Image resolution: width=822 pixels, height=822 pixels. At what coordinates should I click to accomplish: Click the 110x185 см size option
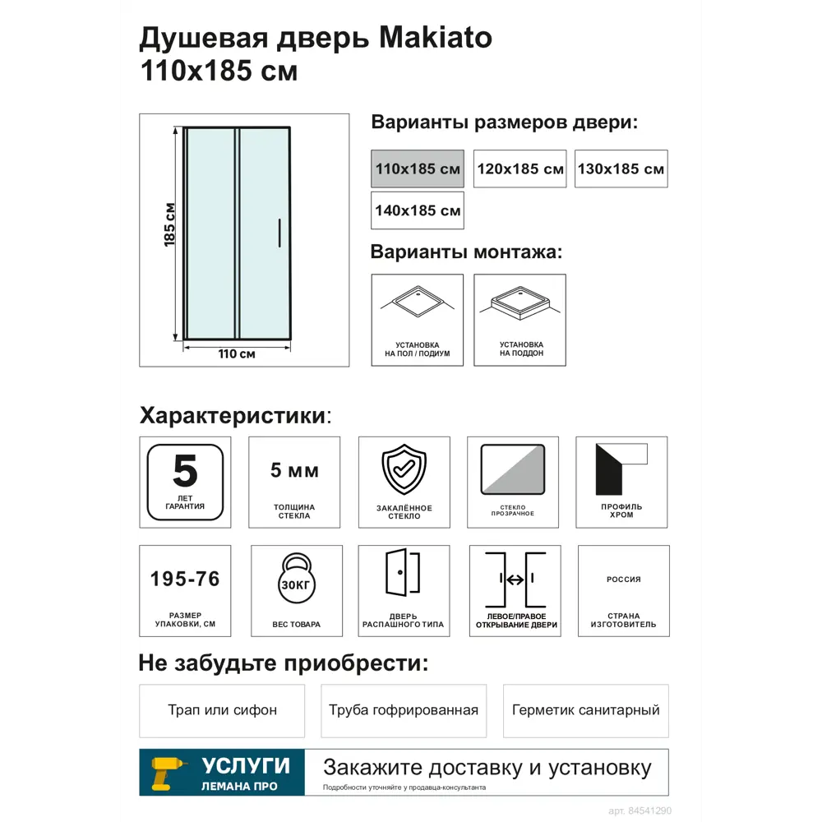(417, 169)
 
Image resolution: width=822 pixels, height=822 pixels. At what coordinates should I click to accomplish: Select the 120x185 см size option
(520, 169)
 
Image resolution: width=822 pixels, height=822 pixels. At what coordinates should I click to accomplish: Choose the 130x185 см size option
(621, 169)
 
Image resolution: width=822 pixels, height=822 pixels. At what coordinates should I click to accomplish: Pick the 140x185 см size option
(417, 210)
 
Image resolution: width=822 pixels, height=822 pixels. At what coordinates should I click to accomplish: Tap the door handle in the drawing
(280, 233)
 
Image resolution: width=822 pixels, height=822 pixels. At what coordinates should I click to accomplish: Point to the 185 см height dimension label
(169, 224)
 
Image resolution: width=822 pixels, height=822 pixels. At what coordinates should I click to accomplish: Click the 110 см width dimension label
(237, 354)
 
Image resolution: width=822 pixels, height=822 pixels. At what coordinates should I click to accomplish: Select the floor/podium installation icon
(417, 320)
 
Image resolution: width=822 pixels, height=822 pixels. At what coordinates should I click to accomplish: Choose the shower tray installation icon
(520, 320)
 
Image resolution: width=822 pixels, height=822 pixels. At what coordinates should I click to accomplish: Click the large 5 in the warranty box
(185, 471)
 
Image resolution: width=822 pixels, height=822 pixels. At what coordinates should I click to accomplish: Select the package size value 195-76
(185, 580)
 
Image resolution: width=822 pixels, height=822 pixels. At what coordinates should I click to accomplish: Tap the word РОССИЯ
(623, 580)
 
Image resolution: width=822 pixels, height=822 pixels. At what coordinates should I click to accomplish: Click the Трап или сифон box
(222, 710)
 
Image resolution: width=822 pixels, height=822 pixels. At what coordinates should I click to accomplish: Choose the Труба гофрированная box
(403, 710)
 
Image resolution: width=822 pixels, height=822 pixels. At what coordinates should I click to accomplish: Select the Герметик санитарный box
(585, 710)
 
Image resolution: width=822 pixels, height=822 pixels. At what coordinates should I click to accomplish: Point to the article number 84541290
(649, 810)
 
